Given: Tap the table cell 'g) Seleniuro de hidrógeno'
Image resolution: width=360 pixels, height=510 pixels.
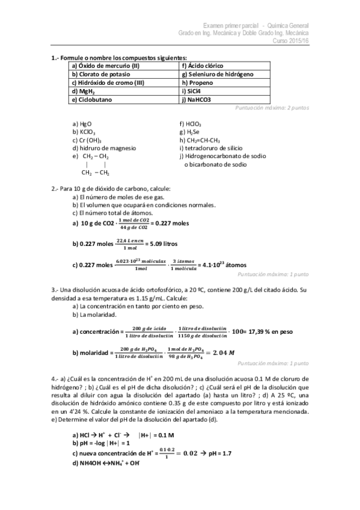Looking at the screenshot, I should (216, 73).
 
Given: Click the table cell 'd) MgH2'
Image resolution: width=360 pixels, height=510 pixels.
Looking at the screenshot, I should (84, 91).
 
